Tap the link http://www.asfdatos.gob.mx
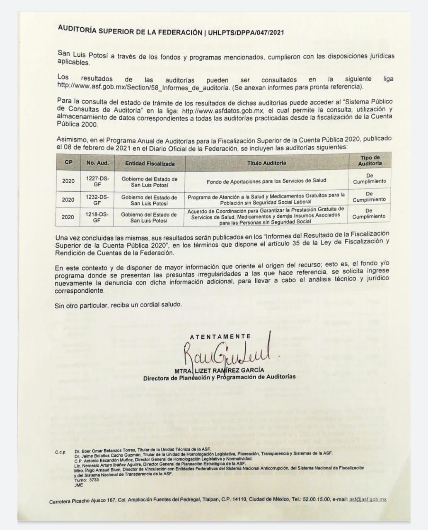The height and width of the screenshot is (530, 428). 224,111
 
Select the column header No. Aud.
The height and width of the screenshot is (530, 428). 97,163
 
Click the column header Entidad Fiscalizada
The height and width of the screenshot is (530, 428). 150,164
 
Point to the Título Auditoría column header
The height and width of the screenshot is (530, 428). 266,163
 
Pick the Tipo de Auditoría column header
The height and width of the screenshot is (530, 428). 370,161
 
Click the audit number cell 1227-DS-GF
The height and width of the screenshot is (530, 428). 97,181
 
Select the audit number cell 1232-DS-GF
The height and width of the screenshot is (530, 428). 97,200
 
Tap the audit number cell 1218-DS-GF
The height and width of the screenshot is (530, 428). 97,217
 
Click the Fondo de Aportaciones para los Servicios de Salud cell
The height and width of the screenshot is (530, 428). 266,181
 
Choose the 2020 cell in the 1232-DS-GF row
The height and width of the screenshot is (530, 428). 68,200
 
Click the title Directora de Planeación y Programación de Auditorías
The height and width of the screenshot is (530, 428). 220,377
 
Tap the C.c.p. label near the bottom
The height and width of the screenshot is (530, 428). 60,452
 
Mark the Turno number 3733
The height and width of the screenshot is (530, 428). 94,480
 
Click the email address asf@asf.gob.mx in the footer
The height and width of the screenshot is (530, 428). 368,499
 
